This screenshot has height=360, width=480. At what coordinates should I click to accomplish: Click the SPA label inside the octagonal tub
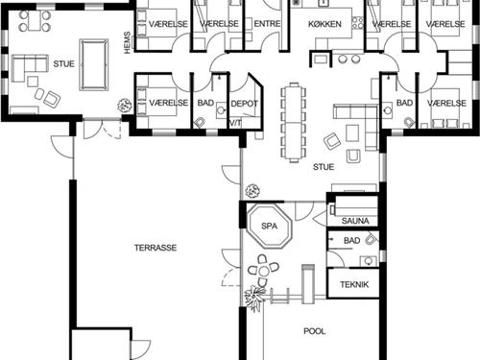269,226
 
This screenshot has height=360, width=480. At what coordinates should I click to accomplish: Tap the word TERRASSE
156,248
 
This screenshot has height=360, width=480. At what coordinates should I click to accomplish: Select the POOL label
315,331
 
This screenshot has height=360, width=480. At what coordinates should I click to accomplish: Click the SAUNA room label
355,221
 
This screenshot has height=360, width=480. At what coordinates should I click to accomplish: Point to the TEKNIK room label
354,284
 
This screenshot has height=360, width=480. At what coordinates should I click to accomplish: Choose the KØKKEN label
324,24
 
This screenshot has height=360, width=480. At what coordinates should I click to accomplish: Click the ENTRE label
267,24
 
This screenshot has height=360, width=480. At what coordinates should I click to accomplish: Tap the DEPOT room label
245,104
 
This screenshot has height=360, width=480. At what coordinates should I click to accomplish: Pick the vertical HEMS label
128,42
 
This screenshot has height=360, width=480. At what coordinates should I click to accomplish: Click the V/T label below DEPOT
235,123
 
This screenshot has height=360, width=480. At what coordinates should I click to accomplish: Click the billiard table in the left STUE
94,65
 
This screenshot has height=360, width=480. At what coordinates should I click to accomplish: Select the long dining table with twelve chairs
294,123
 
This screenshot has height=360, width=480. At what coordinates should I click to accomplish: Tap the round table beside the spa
264,272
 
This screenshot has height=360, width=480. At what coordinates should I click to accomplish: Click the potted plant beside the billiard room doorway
125,106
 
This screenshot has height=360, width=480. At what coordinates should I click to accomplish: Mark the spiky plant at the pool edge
255,298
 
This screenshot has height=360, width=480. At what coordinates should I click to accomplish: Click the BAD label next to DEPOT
205,103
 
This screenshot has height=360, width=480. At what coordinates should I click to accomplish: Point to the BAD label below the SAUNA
352,240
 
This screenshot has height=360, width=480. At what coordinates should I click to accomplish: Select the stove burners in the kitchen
358,22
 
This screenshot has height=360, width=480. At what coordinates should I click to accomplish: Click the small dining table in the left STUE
35,21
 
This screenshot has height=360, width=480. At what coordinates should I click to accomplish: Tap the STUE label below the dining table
324,167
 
